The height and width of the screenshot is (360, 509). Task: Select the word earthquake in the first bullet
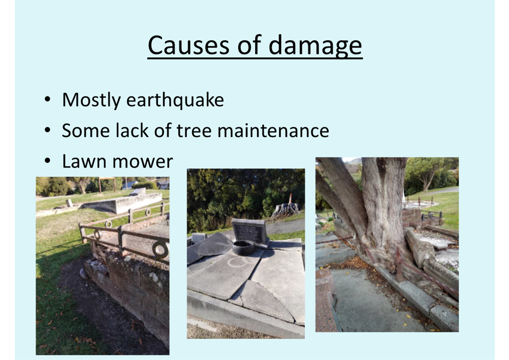(175, 100)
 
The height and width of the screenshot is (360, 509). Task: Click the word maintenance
(273, 131)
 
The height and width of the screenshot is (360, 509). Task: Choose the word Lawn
(83, 161)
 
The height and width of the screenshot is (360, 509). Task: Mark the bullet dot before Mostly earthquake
(47, 100)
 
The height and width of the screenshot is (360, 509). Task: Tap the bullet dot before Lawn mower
(47, 161)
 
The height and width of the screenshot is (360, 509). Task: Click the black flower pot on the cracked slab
(244, 247)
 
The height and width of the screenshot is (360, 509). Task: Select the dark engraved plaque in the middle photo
(249, 230)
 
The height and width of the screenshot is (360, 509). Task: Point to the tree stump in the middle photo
(286, 210)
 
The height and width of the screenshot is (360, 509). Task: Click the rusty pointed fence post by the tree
(398, 264)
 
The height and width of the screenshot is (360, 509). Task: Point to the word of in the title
(250, 45)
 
